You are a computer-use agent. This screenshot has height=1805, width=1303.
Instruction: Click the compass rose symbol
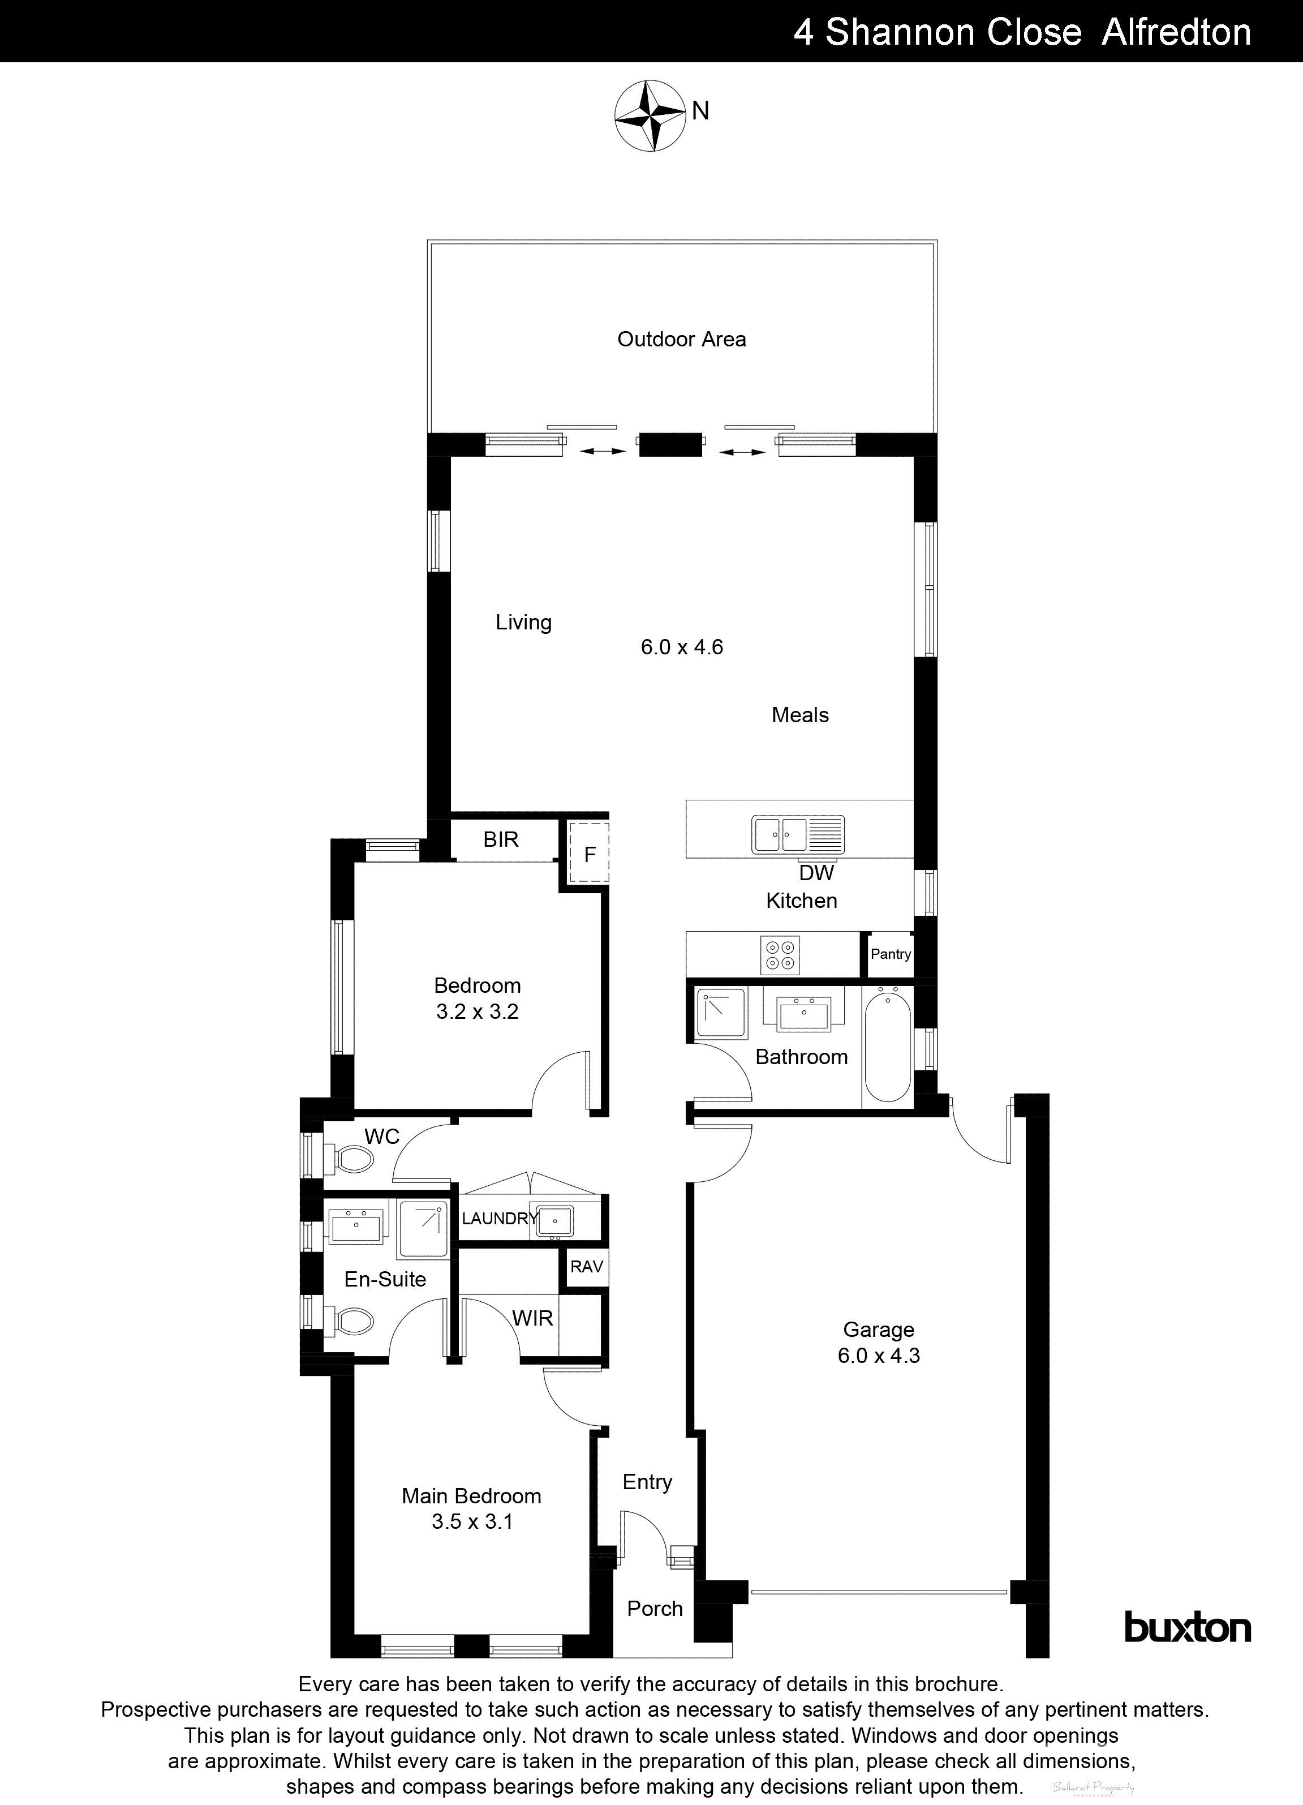[650, 115]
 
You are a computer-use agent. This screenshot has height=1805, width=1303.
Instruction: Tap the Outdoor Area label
[682, 340]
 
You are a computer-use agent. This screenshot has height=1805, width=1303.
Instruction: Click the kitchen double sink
[798, 835]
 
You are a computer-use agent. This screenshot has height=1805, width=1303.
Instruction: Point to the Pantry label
[890, 954]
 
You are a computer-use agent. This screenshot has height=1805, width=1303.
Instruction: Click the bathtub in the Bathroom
[888, 1044]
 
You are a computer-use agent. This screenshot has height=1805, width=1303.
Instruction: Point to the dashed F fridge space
[588, 854]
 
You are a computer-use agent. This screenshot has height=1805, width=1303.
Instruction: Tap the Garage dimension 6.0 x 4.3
[878, 1356]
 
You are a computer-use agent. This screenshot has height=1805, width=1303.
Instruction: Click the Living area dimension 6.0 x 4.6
[682, 647]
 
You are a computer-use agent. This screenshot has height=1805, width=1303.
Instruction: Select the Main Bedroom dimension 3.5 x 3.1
[472, 1521]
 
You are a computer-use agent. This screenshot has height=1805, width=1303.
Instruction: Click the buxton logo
[1187, 1627]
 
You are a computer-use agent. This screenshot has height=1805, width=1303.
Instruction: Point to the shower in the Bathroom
[721, 1013]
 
